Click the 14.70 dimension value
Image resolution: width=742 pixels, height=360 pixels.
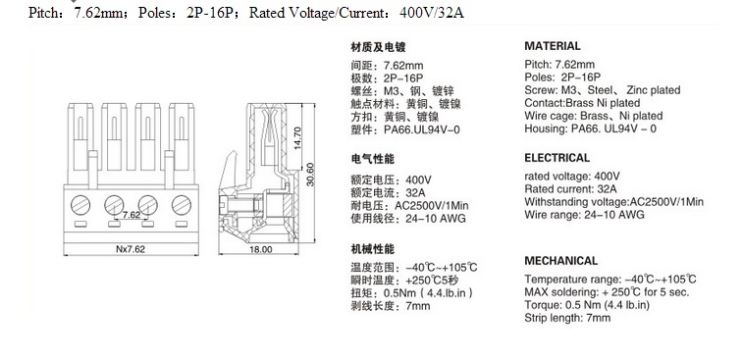(x=297, y=137)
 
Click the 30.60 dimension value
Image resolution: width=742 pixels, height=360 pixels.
(x=310, y=174)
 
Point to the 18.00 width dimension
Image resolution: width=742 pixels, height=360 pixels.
(x=261, y=249)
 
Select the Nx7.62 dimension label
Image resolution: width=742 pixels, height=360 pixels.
(x=131, y=249)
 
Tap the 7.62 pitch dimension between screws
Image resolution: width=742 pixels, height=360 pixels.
(x=132, y=215)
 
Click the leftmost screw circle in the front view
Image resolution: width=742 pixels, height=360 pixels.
(x=80, y=205)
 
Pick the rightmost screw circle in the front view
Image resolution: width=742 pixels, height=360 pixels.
(x=182, y=205)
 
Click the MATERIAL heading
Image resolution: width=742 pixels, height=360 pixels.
(x=553, y=46)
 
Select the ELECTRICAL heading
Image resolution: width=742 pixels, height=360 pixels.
(x=556, y=158)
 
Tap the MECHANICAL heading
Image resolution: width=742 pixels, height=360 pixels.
(x=560, y=261)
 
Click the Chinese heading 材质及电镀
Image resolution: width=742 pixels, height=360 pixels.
(x=378, y=47)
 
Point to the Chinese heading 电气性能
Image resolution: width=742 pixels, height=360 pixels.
(x=372, y=159)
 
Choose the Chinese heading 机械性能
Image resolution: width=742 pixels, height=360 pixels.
(x=372, y=249)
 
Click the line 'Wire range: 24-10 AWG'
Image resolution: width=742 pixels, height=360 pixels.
(x=584, y=215)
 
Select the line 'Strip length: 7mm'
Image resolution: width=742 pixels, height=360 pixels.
(x=567, y=318)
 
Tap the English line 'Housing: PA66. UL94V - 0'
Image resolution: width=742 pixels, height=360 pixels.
(x=590, y=129)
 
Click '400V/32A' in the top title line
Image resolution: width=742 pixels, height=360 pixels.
(x=432, y=13)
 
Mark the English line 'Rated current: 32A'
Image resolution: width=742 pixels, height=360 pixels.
(x=570, y=189)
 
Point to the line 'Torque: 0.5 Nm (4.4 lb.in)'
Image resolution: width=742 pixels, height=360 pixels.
(x=587, y=305)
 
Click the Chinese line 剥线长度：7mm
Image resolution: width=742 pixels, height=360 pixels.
(x=391, y=306)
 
